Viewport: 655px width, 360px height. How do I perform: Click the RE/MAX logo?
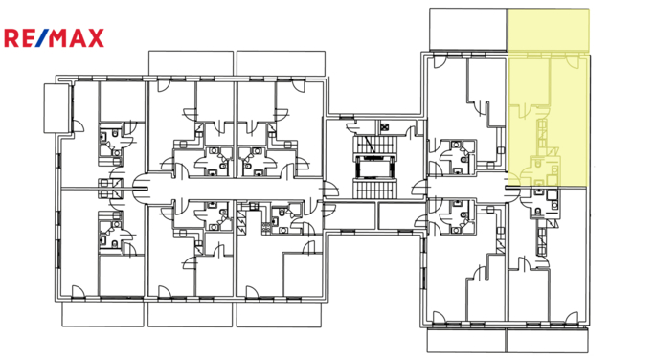[55, 38]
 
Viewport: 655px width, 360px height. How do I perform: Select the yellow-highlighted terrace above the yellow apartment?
[548, 31]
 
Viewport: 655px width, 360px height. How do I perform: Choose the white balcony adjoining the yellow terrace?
[466, 30]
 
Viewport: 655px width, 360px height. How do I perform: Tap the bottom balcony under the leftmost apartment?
[101, 312]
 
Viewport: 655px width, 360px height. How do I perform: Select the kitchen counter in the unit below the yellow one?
[547, 230]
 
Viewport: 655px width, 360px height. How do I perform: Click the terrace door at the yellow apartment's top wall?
[572, 60]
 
